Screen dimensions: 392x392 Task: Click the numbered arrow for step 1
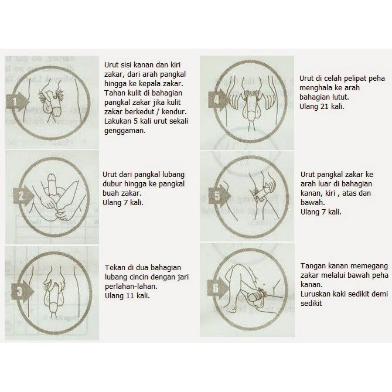[x=17, y=101]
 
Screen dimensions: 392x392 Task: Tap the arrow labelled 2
[x=23, y=196]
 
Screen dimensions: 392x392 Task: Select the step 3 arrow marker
[x=22, y=291]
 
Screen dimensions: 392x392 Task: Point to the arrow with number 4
[x=219, y=100]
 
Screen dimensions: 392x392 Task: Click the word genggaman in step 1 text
[x=125, y=131]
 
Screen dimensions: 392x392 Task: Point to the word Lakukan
[x=118, y=121]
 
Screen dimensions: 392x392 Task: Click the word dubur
[x=112, y=184]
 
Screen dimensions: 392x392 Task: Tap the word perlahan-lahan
[x=131, y=287]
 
